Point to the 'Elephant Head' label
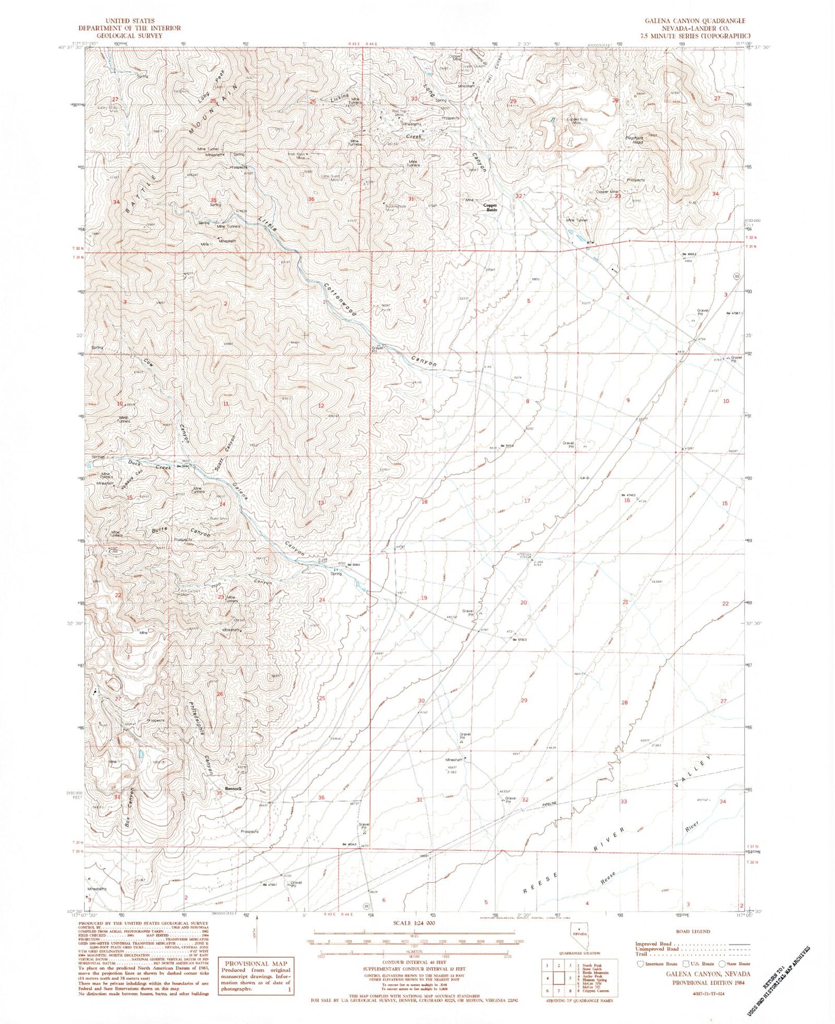(x=635, y=140)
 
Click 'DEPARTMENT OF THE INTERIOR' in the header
(x=121, y=28)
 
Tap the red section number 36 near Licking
(x=311, y=199)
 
